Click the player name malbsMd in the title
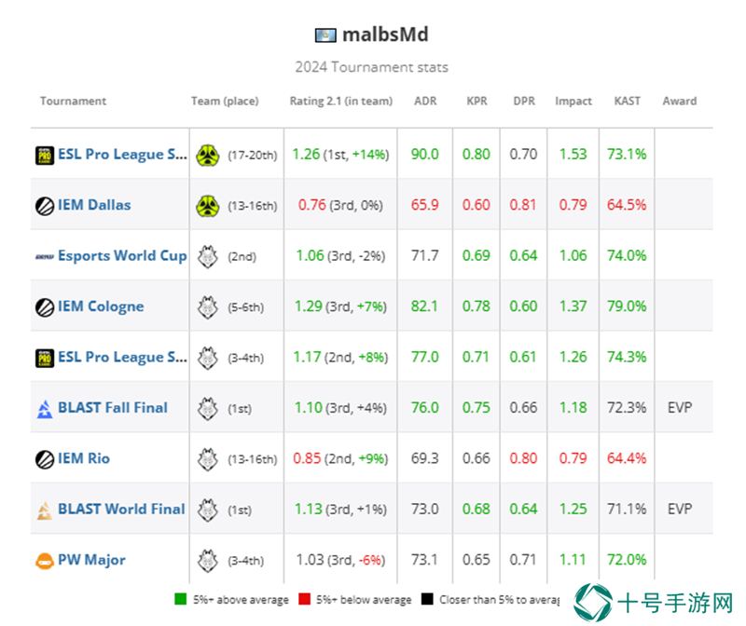click(385, 34)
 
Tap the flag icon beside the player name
click(325, 35)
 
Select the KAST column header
click(627, 101)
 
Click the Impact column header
click(573, 102)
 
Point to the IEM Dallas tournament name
click(94, 205)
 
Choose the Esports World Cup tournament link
click(122, 256)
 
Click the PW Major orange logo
click(45, 561)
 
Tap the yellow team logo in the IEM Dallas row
click(208, 206)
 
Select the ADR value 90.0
click(425, 154)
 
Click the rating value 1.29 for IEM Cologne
click(309, 306)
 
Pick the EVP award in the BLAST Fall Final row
click(680, 407)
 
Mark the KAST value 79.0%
click(627, 306)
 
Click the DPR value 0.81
click(523, 205)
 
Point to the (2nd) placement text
click(242, 257)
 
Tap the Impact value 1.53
click(573, 154)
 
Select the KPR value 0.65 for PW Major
click(476, 560)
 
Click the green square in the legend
click(180, 599)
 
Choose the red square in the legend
click(305, 599)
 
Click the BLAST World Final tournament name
click(121, 509)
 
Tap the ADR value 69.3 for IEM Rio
click(425, 458)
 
